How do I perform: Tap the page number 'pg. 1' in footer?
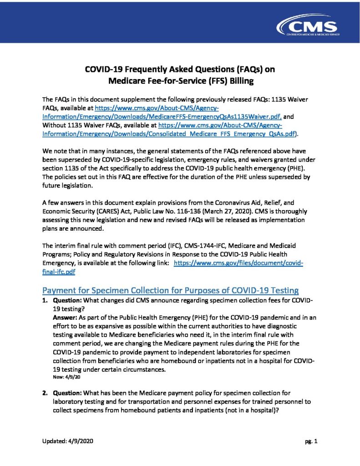(312, 441)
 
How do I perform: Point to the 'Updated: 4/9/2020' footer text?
(69, 441)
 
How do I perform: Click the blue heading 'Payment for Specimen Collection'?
(170, 290)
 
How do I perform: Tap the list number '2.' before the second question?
(45, 392)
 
